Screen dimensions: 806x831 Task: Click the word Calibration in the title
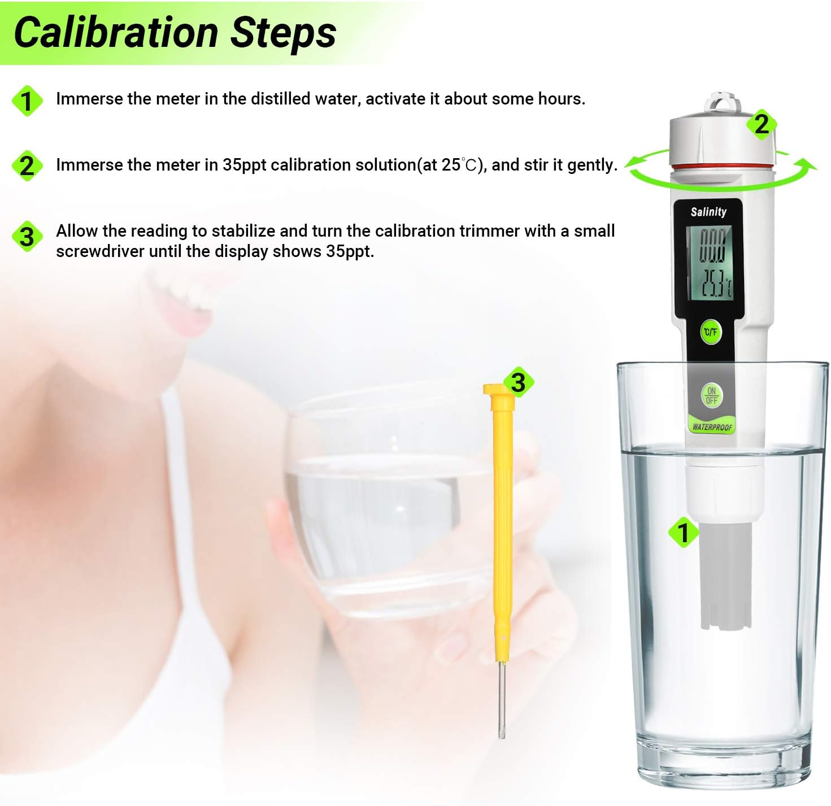pyautogui.click(x=116, y=32)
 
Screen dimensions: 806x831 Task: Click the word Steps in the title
pyautogui.click(x=284, y=32)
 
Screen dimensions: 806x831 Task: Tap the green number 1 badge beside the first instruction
pyautogui.click(x=27, y=101)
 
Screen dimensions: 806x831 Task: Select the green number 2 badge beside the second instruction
pyautogui.click(x=27, y=166)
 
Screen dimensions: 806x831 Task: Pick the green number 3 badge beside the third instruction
pyautogui.click(x=27, y=236)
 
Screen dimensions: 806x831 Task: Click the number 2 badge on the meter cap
pyautogui.click(x=761, y=124)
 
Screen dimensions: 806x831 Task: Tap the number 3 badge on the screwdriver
pyautogui.click(x=518, y=382)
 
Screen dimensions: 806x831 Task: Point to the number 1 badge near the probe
pyautogui.click(x=684, y=532)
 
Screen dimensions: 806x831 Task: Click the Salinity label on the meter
pyautogui.click(x=708, y=212)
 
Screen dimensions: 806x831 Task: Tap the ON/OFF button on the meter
pyautogui.click(x=711, y=395)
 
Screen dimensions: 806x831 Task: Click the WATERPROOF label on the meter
pyautogui.click(x=712, y=427)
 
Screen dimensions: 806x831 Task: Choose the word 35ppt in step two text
pyautogui.click(x=245, y=165)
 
